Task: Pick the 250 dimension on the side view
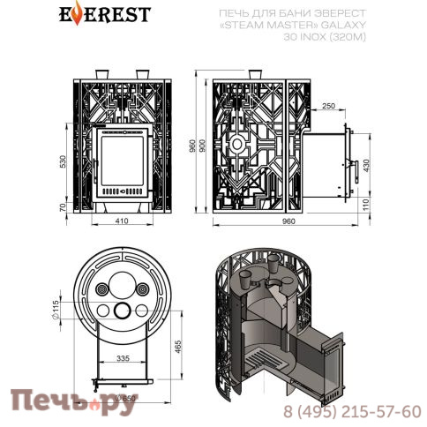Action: click(x=329, y=106)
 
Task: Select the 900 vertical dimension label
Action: click(x=204, y=150)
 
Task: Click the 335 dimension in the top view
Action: click(x=124, y=359)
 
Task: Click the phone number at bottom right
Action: click(x=354, y=412)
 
